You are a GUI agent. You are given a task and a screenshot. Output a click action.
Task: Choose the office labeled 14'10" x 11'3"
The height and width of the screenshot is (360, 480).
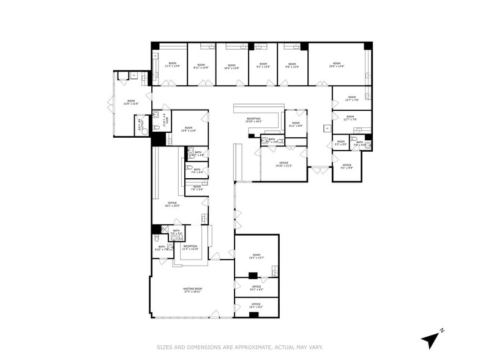(283, 164)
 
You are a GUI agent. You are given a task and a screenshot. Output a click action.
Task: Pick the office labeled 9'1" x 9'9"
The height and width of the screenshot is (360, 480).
(347, 166)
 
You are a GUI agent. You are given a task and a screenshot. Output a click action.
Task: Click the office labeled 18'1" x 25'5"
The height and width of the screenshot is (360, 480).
(171, 204)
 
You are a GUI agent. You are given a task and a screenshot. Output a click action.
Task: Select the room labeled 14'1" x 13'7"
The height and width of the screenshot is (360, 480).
(257, 257)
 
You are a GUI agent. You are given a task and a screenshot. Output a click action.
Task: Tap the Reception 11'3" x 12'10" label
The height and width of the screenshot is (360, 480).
(190, 248)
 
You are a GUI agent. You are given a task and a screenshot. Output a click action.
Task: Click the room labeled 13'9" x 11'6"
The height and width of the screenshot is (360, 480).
(189, 129)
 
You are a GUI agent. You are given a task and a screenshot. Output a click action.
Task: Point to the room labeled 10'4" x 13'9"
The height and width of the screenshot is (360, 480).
(231, 67)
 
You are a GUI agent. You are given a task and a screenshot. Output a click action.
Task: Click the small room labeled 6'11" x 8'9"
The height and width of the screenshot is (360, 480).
(296, 124)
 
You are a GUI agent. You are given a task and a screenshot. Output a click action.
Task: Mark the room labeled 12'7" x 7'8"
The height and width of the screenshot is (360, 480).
(351, 98)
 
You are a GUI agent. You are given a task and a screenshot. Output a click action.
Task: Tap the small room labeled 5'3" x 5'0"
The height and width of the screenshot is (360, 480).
(341, 143)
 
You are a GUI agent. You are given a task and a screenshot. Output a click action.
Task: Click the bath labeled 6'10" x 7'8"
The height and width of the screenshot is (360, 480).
(162, 248)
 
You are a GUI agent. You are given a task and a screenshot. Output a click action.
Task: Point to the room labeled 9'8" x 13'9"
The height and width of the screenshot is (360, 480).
(292, 67)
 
